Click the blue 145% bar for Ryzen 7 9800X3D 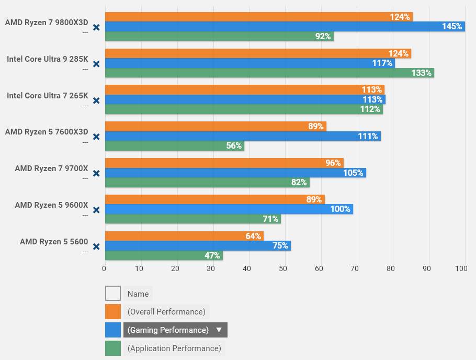[285, 27]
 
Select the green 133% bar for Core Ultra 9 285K [269, 73]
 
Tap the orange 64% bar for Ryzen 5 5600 [184, 236]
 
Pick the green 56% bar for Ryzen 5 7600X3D [175, 146]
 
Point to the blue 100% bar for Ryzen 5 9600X [229, 209]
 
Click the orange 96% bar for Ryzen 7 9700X [224, 163]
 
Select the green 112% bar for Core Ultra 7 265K [244, 109]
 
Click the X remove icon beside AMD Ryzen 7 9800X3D [96, 27]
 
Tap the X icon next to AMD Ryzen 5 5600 [96, 246]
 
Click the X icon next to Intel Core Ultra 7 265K [96, 100]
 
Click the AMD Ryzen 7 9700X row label [51, 168]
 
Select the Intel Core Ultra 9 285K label [48, 59]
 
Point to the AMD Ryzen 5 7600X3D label [47, 132]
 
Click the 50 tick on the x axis [283, 268]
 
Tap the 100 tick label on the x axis [461, 268]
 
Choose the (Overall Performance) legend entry [166, 312]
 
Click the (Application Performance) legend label [174, 348]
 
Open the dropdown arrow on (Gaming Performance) [219, 330]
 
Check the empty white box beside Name [113, 294]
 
